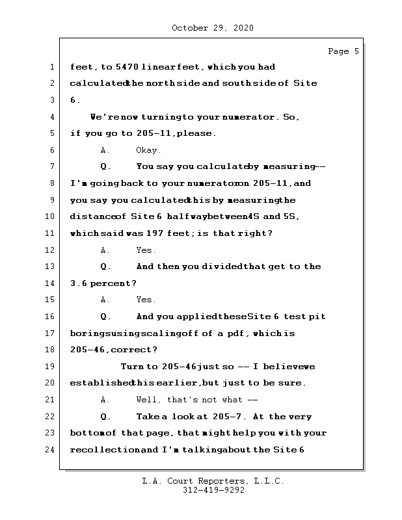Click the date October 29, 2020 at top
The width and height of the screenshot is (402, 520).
pos(213,28)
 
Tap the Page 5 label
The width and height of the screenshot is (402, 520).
pos(343,51)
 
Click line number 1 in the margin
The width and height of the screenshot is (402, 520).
pos(50,67)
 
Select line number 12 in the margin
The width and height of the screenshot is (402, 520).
pos(50,250)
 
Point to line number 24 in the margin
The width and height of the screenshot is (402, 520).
pos(50,450)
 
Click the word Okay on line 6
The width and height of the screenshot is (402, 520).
pos(148,150)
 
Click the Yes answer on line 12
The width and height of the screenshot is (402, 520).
pos(146,250)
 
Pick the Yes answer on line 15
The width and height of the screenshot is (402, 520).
pos(146,300)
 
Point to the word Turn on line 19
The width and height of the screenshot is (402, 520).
pos(132,367)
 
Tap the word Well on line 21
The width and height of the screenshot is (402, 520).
pos(148,400)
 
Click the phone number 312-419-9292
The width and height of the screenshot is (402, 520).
pos(213,491)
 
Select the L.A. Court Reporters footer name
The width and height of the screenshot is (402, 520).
pos(213,482)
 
